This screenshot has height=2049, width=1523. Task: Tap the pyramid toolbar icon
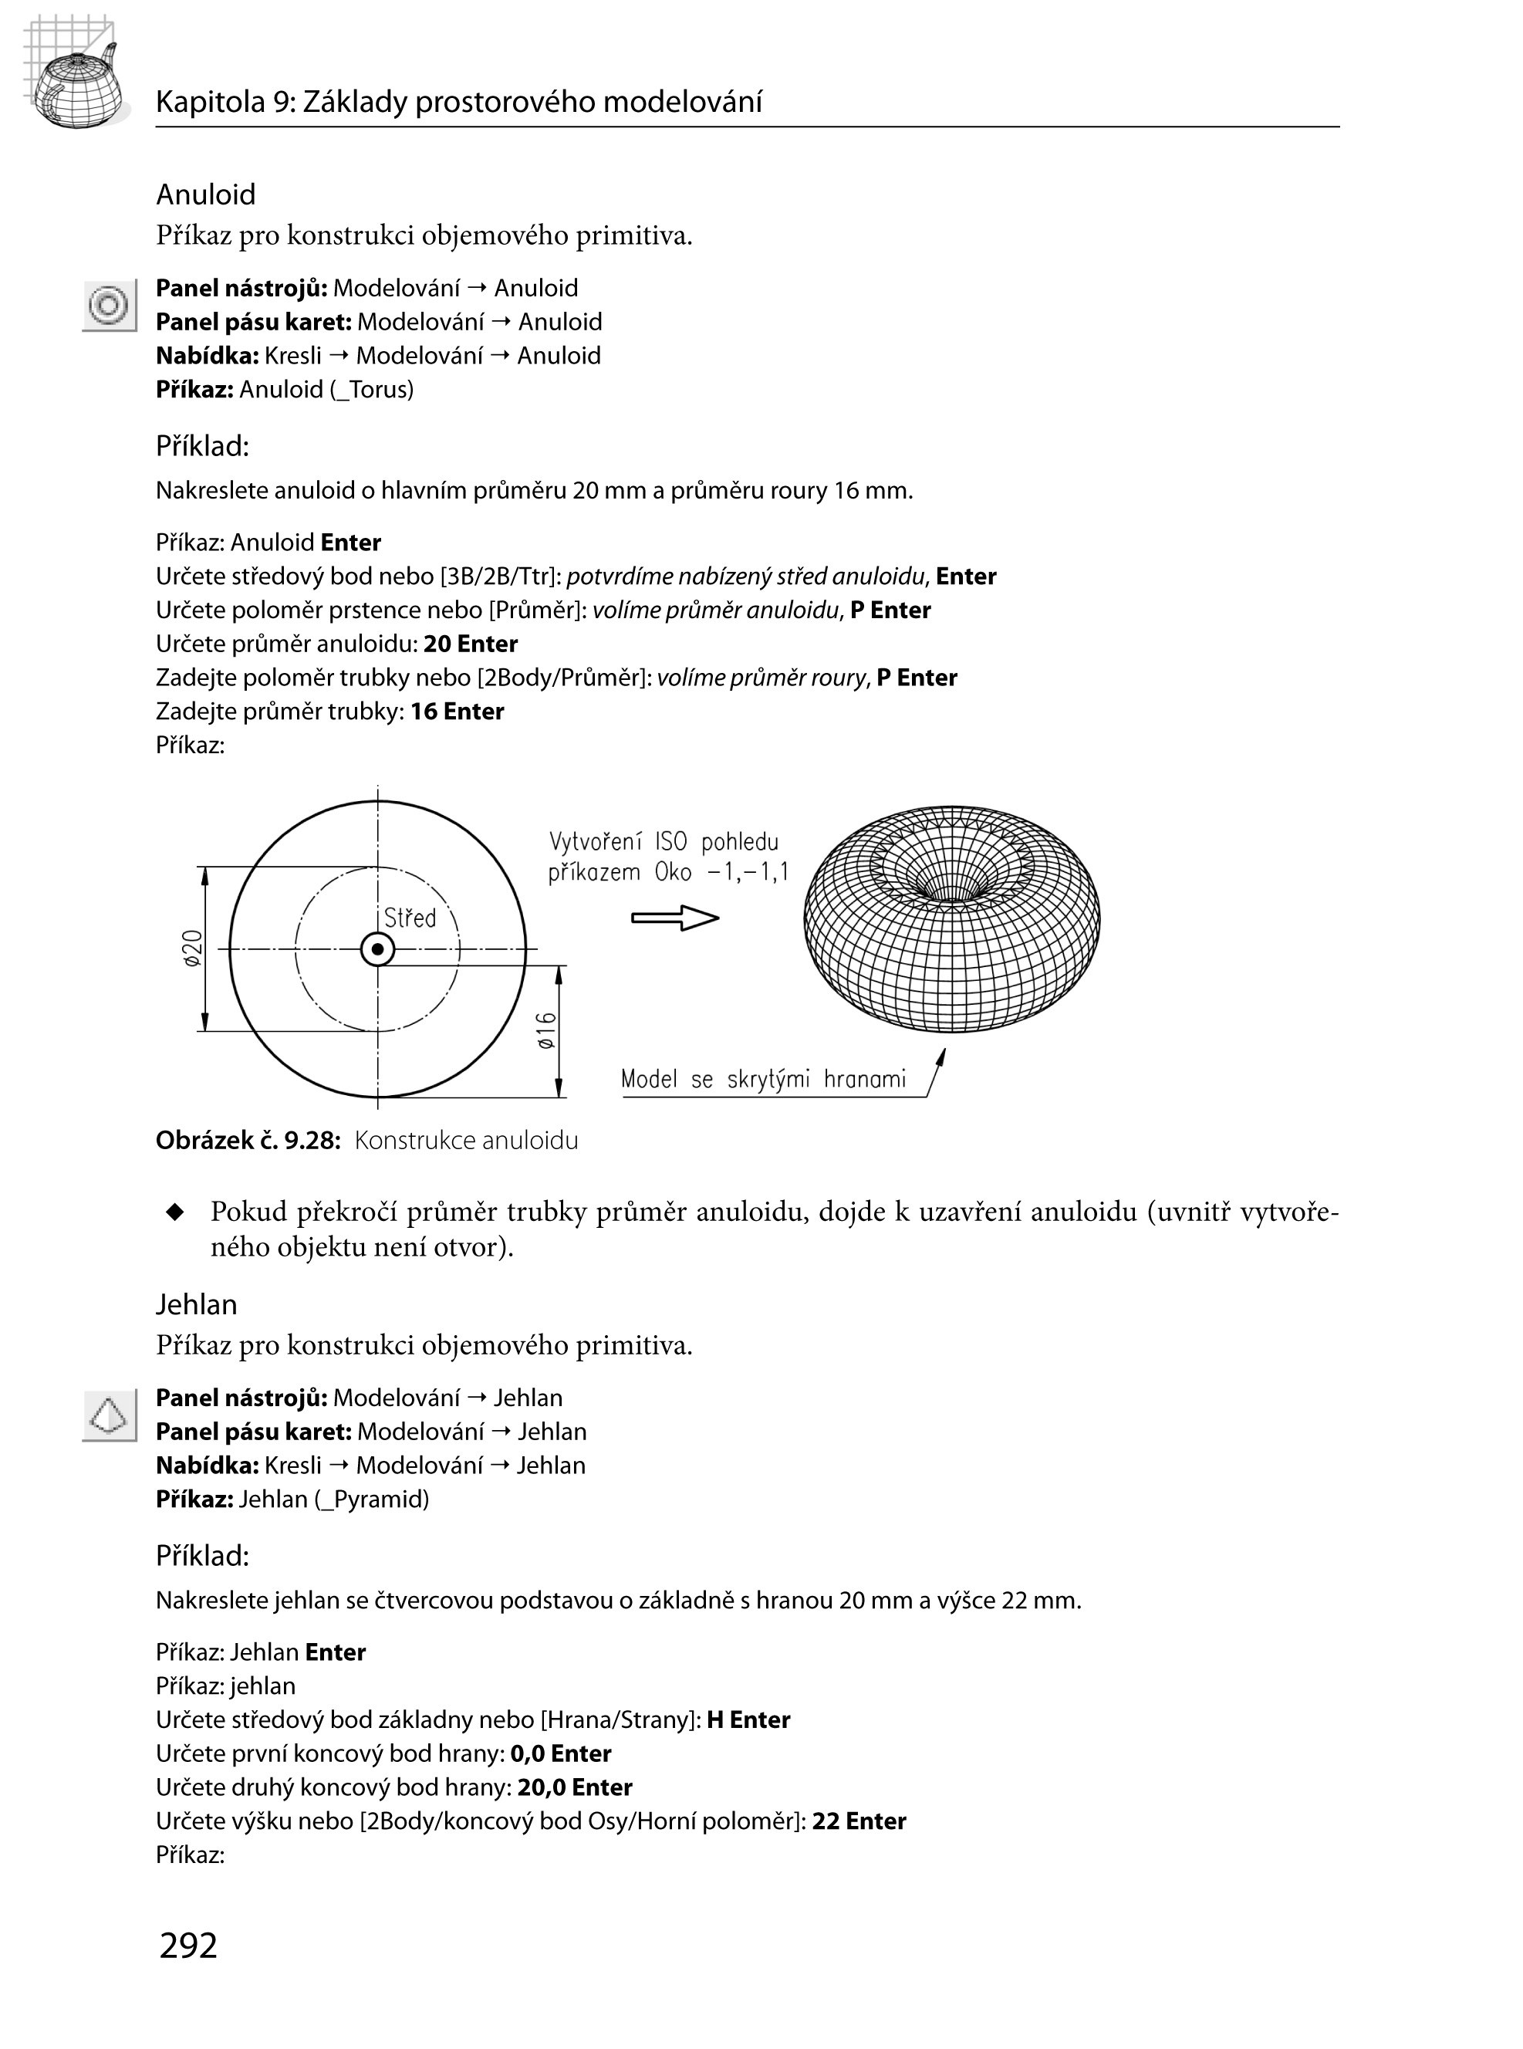pyautogui.click(x=109, y=1415)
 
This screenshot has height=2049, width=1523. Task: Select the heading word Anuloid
pyautogui.click(x=205, y=194)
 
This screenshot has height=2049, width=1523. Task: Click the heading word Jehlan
pyautogui.click(x=197, y=1304)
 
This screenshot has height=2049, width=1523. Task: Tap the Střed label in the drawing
pyautogui.click(x=410, y=918)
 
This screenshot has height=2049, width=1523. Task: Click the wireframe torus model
pyautogui.click(x=951, y=918)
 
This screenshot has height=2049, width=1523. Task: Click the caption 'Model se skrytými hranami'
pyautogui.click(x=763, y=1080)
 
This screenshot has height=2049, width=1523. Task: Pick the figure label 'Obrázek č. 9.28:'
pyautogui.click(x=248, y=1141)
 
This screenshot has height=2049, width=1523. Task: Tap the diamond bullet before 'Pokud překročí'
pyautogui.click(x=175, y=1212)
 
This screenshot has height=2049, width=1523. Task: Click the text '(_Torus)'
pyautogui.click(x=372, y=389)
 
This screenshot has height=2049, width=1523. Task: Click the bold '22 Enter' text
pyautogui.click(x=858, y=1821)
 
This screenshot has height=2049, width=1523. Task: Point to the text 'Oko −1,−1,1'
pyautogui.click(x=722, y=872)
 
